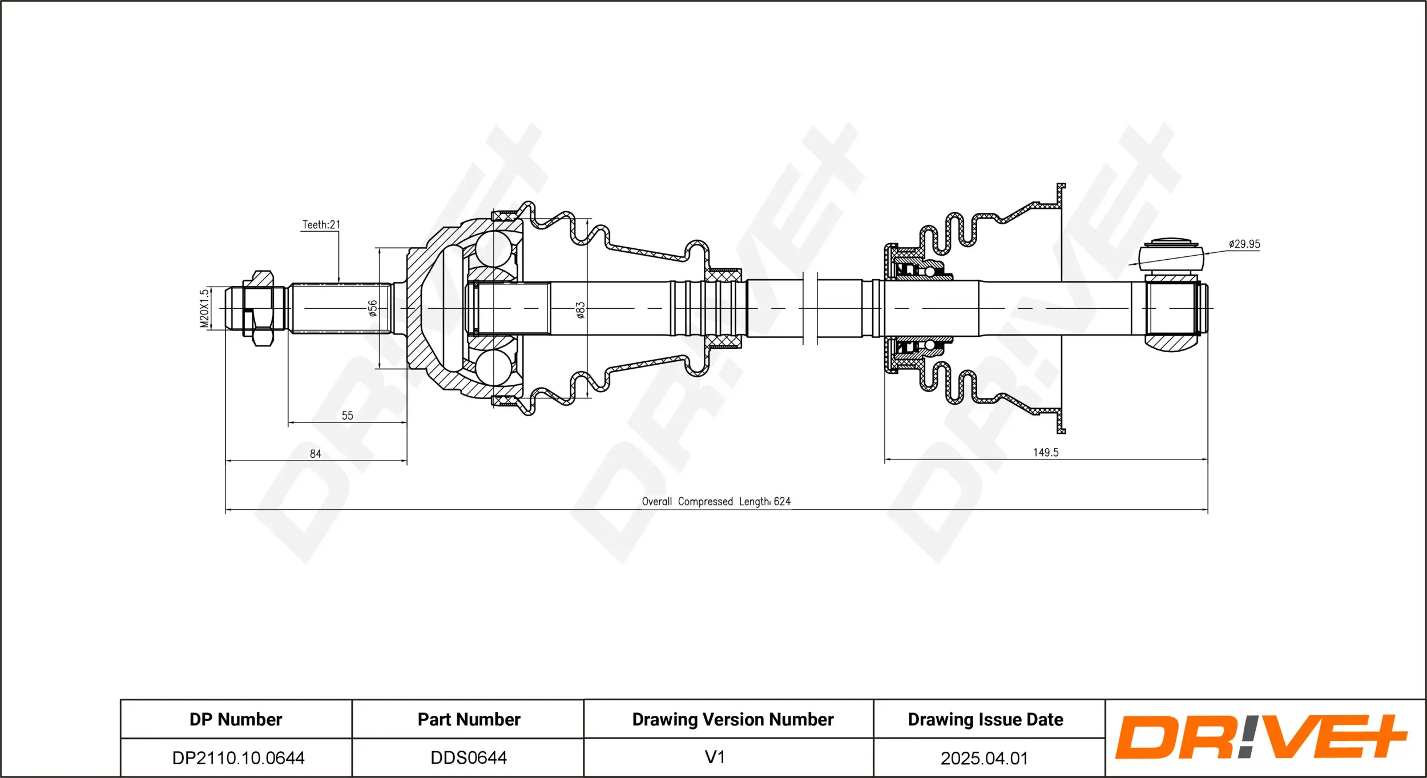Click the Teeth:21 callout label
pos(321,225)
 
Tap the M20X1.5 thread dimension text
pos(204,308)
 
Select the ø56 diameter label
pos(372,308)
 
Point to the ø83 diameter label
pos(580,310)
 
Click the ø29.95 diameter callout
pos(1244,244)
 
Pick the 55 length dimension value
pos(347,416)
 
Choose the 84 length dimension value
pos(316,454)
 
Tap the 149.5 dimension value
pos(1046,452)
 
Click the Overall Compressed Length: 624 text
pos(716,501)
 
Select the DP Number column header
pos(236,719)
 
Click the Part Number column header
pos(469,719)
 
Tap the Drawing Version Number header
pos(733,719)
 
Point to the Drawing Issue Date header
pos(985,719)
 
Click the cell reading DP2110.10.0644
pos(238,758)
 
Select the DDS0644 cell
pos(469,757)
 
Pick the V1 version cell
pos(715,757)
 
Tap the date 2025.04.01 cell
pos(984,758)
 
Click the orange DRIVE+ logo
pos(1261,737)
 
